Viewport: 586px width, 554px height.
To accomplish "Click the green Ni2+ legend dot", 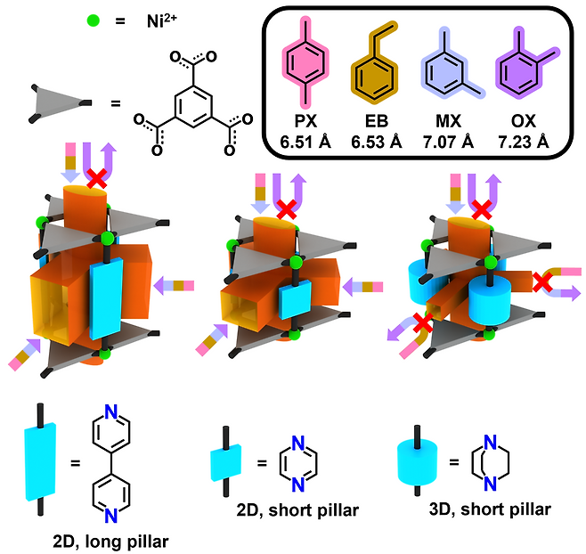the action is coord(93,20).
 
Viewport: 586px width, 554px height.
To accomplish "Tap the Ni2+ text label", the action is coord(162,21).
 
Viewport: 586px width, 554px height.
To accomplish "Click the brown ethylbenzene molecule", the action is coord(375,63).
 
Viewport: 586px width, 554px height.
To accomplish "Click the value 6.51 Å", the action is coord(305,143).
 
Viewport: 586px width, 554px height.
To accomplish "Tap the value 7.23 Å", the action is coord(524,143).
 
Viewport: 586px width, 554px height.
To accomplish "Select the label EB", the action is coord(377,121).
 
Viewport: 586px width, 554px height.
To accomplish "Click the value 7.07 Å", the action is coord(449,143).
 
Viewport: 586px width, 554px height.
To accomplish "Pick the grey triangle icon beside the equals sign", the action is coord(60,103).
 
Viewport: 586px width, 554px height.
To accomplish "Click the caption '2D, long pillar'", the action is coord(111,542).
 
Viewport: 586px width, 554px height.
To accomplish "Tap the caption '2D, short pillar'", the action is coord(297,509).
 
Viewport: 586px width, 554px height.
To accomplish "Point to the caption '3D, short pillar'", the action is coord(490,509).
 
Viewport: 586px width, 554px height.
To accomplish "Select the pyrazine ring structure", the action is coord(298,464).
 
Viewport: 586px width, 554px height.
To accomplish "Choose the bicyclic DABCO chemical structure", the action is coord(491,463).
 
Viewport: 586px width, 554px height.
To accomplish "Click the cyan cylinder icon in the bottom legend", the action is coord(417,460).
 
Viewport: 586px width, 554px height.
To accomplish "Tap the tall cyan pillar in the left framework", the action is coord(107,298).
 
